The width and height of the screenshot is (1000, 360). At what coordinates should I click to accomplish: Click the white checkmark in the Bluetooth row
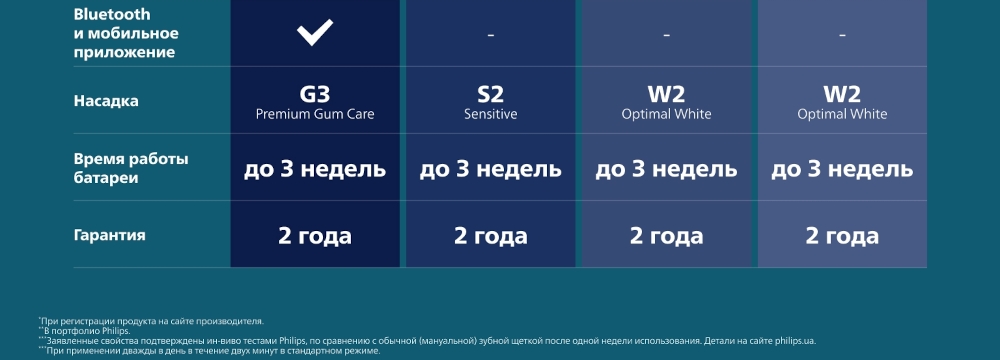point(315,33)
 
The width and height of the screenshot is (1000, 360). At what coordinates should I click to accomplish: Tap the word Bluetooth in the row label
point(112,14)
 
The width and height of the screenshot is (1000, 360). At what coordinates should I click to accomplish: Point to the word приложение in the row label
point(124,53)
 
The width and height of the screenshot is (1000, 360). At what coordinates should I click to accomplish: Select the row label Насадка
point(106,101)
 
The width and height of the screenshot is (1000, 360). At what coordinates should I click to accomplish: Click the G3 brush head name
point(315,94)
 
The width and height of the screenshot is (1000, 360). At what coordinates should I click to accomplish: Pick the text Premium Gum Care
point(315,114)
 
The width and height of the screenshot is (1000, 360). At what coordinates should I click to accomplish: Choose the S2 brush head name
point(490,94)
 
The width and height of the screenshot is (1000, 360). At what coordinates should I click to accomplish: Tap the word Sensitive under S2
point(490,114)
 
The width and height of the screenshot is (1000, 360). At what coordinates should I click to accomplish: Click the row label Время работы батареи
point(131,168)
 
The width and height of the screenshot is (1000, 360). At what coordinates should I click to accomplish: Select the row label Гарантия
point(110,235)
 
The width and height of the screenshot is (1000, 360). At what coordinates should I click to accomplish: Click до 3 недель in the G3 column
point(315,169)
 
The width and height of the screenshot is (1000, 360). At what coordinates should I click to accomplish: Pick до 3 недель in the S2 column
point(490,169)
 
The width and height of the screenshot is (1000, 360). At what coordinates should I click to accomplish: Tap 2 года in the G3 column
point(315,236)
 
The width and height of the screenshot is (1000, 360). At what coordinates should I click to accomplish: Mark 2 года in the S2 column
point(490,236)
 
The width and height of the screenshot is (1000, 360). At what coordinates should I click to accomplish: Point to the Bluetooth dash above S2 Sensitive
point(490,34)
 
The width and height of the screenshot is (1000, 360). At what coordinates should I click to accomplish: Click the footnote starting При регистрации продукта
point(151,321)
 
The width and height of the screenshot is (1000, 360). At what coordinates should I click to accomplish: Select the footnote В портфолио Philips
point(85,331)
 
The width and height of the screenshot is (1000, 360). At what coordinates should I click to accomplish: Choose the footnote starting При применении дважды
point(209,350)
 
